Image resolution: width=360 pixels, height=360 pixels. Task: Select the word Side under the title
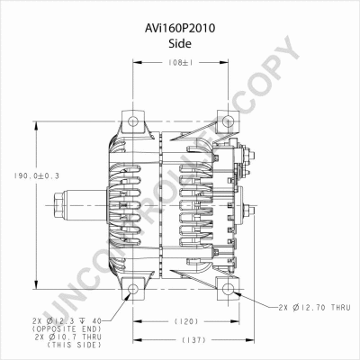coord(180,41)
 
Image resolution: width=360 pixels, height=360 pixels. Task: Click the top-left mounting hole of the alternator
coord(131,121)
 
